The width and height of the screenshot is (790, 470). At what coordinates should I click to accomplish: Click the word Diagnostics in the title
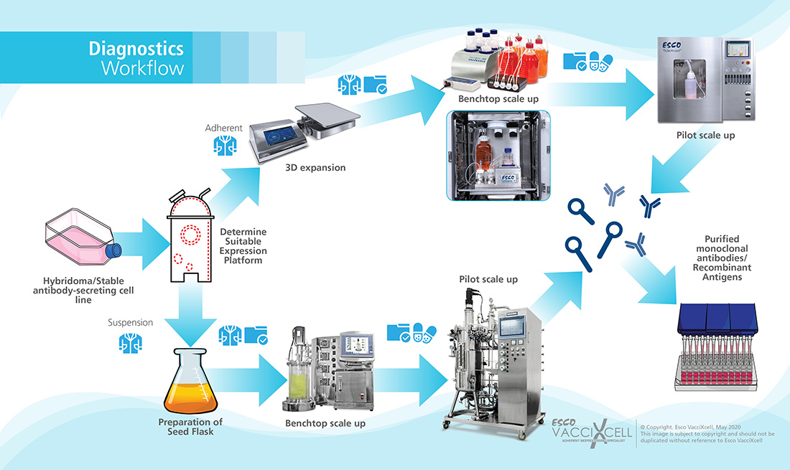pos(136,49)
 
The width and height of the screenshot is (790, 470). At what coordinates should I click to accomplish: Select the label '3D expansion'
pos(320,168)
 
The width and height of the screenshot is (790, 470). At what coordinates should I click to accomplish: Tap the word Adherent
pos(223,128)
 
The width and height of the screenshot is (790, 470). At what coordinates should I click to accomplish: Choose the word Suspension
pos(130,322)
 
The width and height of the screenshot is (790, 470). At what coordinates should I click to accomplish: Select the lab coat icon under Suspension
pos(130,342)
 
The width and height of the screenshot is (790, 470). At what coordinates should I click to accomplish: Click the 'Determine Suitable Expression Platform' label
pos(243,246)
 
